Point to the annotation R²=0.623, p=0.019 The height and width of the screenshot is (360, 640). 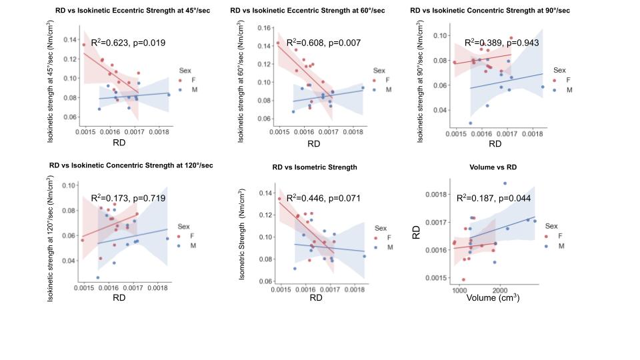[x=128, y=43]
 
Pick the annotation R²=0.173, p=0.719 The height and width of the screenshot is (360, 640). [x=127, y=198]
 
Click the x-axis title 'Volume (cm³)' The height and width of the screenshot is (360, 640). [x=494, y=298]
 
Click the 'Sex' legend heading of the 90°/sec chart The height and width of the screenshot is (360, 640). [x=559, y=70]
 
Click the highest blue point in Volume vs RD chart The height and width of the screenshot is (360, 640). [x=505, y=183]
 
